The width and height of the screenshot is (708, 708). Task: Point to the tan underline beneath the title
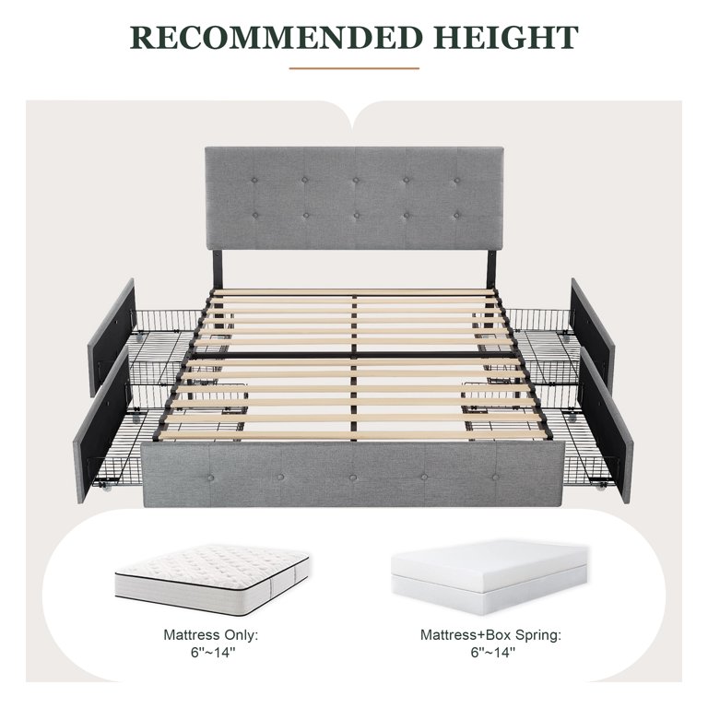353,67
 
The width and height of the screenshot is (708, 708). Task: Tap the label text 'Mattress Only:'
210,634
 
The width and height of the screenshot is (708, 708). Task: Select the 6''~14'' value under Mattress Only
210,653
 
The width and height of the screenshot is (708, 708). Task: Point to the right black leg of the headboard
490,267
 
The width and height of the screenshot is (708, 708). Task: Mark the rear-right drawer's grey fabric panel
593,330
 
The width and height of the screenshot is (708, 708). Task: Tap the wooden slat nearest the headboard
354,293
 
